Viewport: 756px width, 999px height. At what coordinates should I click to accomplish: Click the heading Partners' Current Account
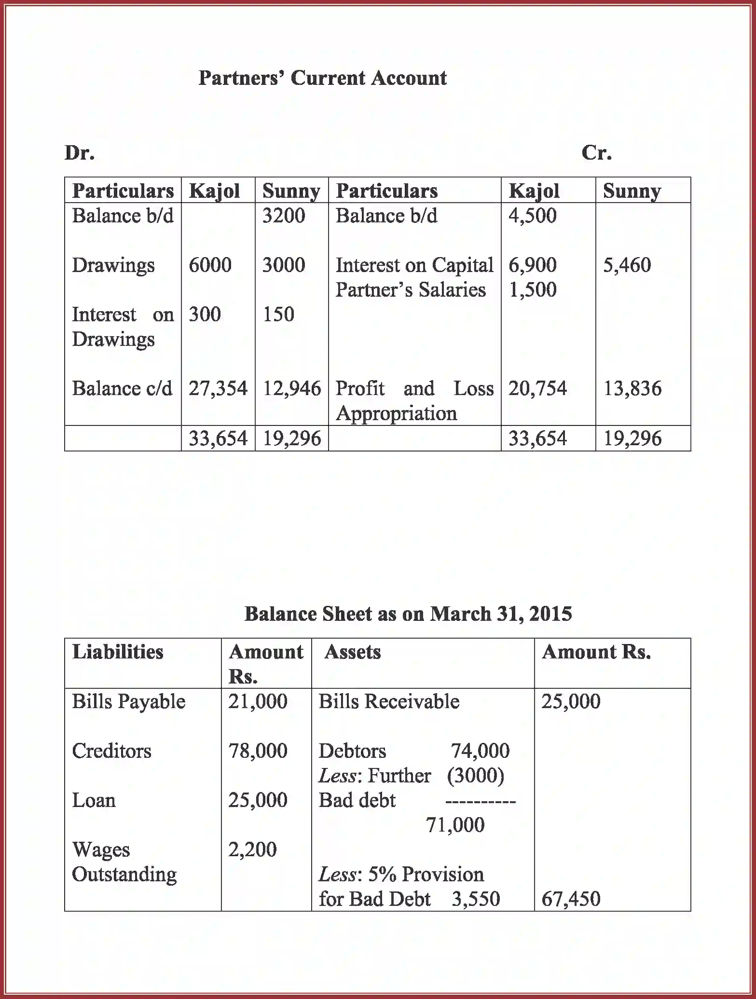[322, 78]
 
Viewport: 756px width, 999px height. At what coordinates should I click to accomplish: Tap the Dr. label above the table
[80, 153]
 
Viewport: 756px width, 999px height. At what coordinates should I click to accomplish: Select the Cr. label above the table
[596, 153]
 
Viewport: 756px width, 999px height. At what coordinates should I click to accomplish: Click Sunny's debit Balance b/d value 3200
[284, 216]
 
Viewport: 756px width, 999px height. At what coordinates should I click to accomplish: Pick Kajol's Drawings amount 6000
[210, 265]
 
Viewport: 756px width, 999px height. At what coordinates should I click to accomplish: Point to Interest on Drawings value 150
[278, 315]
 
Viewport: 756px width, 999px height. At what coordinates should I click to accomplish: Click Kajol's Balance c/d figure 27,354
[218, 389]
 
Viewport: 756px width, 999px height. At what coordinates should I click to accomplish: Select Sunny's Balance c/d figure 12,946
[291, 389]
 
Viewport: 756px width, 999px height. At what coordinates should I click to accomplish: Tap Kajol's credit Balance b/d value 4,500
[533, 216]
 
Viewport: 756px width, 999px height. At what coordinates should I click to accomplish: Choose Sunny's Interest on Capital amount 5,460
[627, 265]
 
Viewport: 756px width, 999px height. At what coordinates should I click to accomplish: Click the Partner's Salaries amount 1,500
[533, 290]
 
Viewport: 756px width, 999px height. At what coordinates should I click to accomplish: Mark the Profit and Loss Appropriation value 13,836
[632, 389]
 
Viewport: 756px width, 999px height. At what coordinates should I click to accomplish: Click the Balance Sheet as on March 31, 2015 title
[408, 614]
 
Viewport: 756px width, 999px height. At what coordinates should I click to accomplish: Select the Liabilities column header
[118, 652]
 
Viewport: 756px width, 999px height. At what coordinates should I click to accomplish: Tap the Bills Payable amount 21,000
[258, 701]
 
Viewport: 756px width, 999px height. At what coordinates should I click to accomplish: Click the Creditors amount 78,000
[258, 751]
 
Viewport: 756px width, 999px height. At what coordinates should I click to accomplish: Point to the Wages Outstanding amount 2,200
[252, 849]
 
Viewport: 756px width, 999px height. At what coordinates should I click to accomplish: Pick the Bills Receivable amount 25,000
[571, 701]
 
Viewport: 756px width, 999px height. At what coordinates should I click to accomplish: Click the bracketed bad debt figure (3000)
[475, 776]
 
